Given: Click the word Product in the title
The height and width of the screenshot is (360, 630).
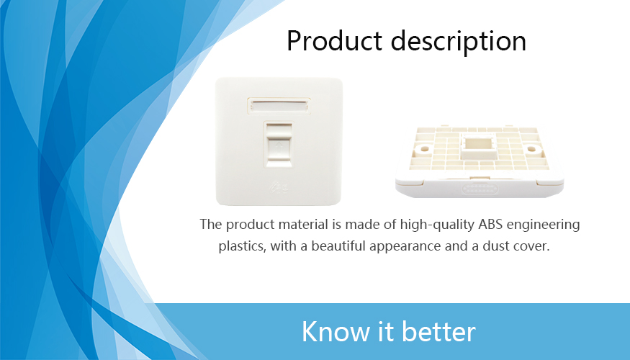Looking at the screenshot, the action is (x=334, y=41).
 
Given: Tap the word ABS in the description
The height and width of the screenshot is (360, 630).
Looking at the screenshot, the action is (x=490, y=224).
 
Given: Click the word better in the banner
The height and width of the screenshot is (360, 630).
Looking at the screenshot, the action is (x=438, y=331).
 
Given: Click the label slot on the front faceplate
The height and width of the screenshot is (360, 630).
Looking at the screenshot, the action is (x=279, y=106).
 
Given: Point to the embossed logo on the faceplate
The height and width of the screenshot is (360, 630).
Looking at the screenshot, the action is (x=279, y=186).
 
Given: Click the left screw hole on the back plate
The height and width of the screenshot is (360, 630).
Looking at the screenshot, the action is (x=424, y=149).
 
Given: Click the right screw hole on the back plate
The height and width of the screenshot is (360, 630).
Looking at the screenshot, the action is (x=531, y=149).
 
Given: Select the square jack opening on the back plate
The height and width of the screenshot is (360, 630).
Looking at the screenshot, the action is (x=478, y=146).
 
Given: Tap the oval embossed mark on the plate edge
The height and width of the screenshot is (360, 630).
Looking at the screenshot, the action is (x=480, y=189).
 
